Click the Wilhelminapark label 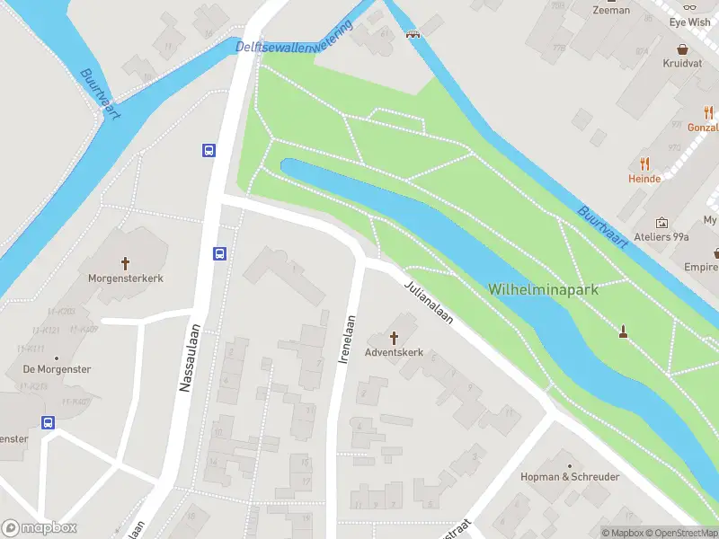pyautogui.click(x=544, y=289)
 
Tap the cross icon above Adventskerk pyautogui.click(x=394, y=337)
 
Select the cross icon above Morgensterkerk pyautogui.click(x=126, y=263)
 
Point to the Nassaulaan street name pyautogui.click(x=186, y=358)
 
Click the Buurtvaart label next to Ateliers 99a pyautogui.click(x=601, y=225)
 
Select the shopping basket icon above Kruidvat pyautogui.click(x=682, y=49)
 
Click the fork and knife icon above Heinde pyautogui.click(x=644, y=163)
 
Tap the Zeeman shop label pyautogui.click(x=611, y=10)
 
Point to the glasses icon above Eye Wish pyautogui.click(x=690, y=5)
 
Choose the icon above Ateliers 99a pyautogui.click(x=662, y=222)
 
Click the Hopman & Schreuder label pyautogui.click(x=570, y=477)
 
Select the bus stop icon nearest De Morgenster pyautogui.click(x=48, y=422)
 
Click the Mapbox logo pyautogui.click(x=40, y=528)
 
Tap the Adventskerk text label pyautogui.click(x=394, y=353)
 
